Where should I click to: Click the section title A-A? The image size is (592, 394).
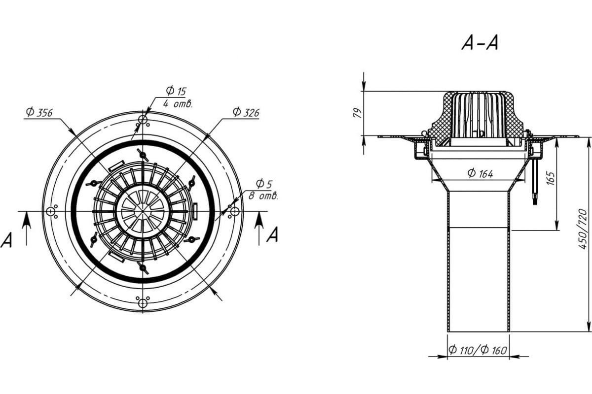pyautogui.click(x=480, y=43)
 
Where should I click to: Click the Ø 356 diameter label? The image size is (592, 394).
pyautogui.click(x=39, y=112)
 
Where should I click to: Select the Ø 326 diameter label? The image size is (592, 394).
pyautogui.click(x=246, y=112)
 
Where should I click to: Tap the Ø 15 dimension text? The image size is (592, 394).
pyautogui.click(x=176, y=91)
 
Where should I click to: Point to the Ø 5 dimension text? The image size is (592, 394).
pyautogui.click(x=264, y=184)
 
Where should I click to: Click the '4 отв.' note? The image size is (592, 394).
pyautogui.click(x=178, y=104)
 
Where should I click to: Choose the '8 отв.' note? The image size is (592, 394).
pyautogui.click(x=263, y=196)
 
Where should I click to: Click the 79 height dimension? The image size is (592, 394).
pyautogui.click(x=357, y=113)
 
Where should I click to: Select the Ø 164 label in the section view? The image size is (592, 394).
pyautogui.click(x=480, y=173)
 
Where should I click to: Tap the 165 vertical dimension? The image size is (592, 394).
pyautogui.click(x=551, y=178)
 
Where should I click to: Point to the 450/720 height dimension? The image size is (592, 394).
pyautogui.click(x=583, y=229)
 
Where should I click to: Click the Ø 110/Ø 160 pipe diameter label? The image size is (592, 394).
pyautogui.click(x=478, y=350)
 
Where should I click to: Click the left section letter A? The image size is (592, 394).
pyautogui.click(x=6, y=240)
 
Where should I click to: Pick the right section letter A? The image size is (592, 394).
pyautogui.click(x=272, y=234)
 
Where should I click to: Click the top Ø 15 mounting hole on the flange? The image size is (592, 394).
pyautogui.click(x=143, y=120)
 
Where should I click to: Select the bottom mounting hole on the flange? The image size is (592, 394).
pyautogui.click(x=143, y=303)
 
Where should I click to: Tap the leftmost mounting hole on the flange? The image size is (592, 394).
pyautogui.click(x=50, y=211)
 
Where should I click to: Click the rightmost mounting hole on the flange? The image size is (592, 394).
pyautogui.click(x=235, y=211)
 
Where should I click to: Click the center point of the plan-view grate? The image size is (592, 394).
pyautogui.click(x=143, y=211)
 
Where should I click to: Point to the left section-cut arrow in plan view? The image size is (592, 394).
pyautogui.click(x=27, y=229)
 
